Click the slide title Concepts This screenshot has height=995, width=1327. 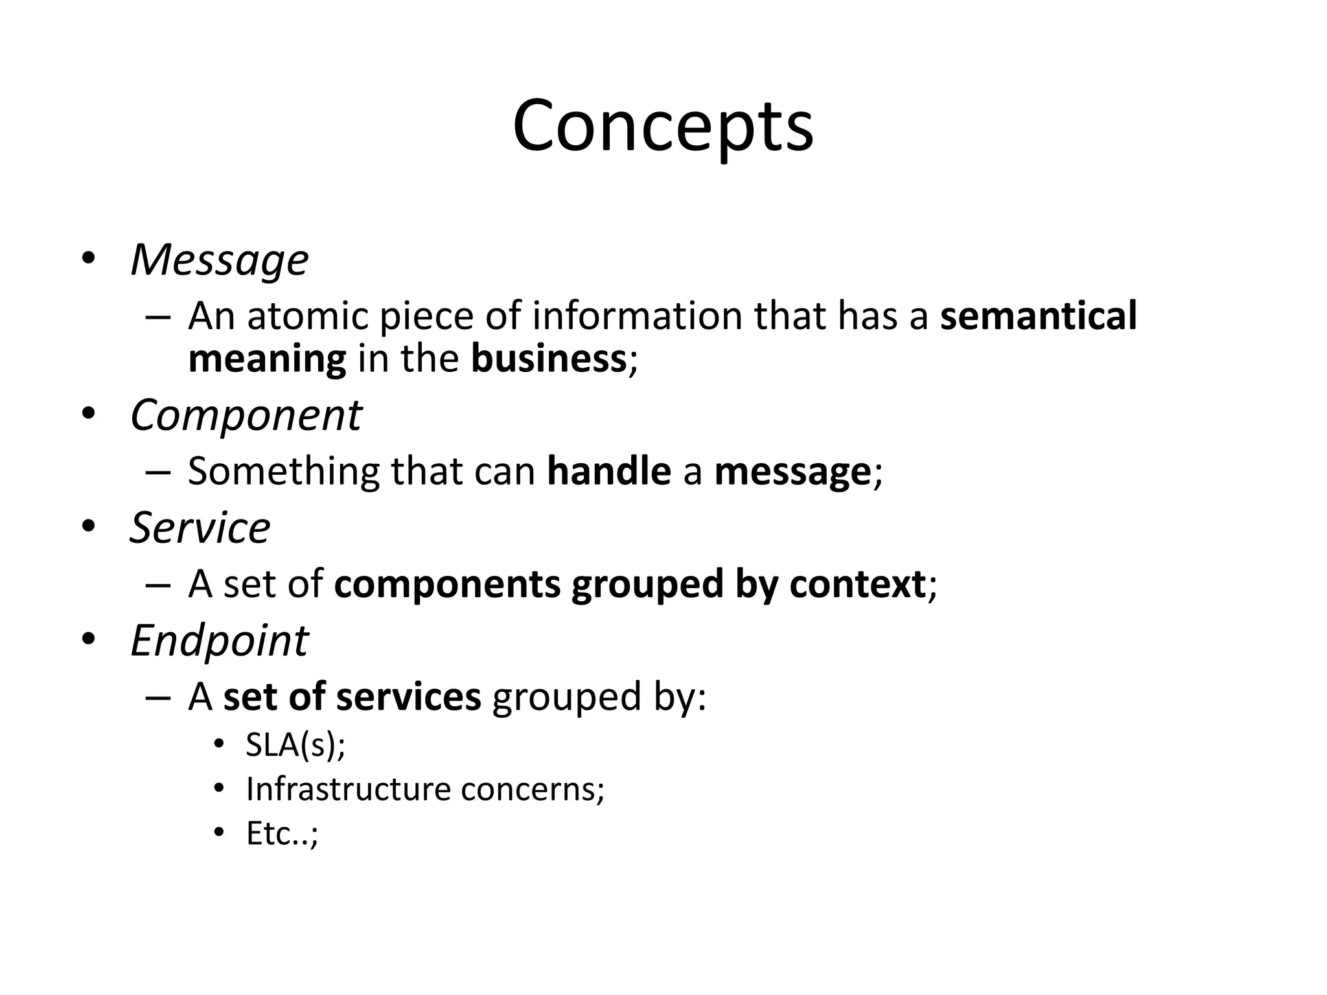click(663, 126)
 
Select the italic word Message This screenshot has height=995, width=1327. click(219, 260)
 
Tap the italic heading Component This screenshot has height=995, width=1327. click(246, 415)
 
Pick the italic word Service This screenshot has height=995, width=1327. click(200, 528)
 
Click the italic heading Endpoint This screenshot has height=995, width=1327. click(219, 641)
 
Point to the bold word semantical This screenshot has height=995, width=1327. click(1038, 316)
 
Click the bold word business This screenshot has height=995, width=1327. click(548, 359)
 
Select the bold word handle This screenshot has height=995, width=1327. click(608, 471)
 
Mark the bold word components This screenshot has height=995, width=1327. click(446, 584)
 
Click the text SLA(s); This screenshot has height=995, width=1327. click(295, 745)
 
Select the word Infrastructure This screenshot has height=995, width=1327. click(348, 790)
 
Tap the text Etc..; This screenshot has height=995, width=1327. click(282, 834)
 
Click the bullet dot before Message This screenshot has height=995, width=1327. click(89, 258)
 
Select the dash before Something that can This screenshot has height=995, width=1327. click(158, 472)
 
